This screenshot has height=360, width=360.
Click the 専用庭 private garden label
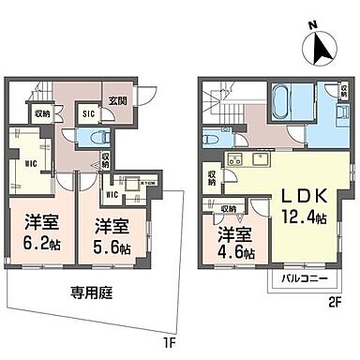click(89, 292)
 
